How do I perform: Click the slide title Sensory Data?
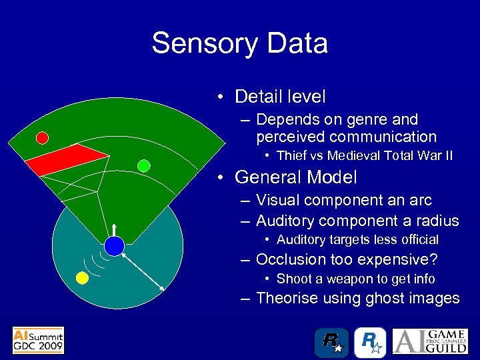(239, 43)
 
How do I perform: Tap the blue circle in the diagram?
(115, 246)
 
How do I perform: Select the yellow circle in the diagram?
(83, 278)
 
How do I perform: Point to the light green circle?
(143, 165)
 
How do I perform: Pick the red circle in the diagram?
(42, 138)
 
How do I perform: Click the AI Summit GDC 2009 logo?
(38, 340)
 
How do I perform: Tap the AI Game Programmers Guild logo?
(433, 341)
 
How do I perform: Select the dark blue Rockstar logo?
(332, 342)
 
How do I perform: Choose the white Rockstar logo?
(369, 342)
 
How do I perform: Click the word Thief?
(292, 156)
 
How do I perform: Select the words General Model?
(296, 177)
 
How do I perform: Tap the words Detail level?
(280, 97)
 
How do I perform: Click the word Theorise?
(288, 298)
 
